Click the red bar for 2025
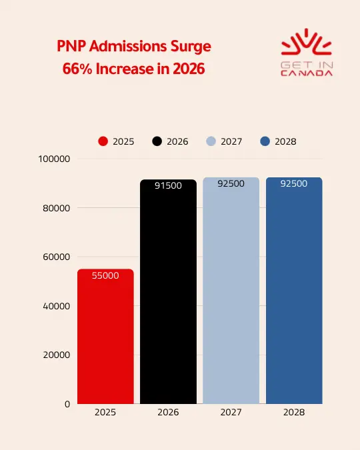(105, 337)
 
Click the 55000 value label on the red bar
(105, 275)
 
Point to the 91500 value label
(168, 185)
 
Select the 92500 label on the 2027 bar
(231, 183)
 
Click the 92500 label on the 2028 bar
(294, 183)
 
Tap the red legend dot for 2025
(103, 141)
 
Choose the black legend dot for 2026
(157, 141)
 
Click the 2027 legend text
(231, 141)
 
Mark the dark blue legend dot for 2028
(265, 141)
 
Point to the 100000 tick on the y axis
(55, 159)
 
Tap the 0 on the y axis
(67, 404)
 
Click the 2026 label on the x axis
(168, 413)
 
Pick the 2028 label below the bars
(294, 413)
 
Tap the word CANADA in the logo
(307, 73)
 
